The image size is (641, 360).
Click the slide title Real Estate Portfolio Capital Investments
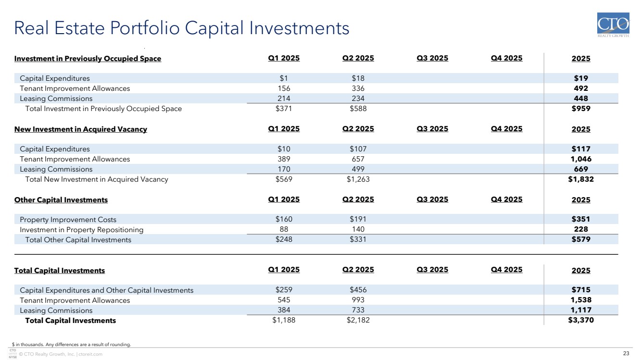pyautogui.click(x=182, y=28)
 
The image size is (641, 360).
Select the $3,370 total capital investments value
pyautogui.click(x=581, y=321)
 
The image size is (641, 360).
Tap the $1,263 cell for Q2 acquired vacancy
pyautogui.click(x=358, y=179)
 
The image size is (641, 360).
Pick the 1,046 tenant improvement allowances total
pyautogui.click(x=581, y=159)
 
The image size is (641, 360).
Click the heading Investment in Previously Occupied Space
pyautogui.click(x=88, y=59)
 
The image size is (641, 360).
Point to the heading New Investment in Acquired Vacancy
pyautogui.click(x=80, y=129)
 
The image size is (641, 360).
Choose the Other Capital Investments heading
pyautogui.click(x=61, y=200)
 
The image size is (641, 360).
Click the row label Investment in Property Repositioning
pyautogui.click(x=81, y=230)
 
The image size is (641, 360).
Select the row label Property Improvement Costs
pyautogui.click(x=68, y=220)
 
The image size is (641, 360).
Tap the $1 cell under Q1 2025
pyautogui.click(x=283, y=78)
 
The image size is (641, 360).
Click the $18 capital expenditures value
pyautogui.click(x=358, y=78)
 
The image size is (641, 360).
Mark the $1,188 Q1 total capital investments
pyautogui.click(x=283, y=321)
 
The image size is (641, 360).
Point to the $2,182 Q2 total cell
pyautogui.click(x=358, y=321)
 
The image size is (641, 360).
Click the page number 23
pyautogui.click(x=626, y=354)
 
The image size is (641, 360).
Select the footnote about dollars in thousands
pyautogui.click(x=71, y=344)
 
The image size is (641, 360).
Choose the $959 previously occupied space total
pyautogui.click(x=581, y=109)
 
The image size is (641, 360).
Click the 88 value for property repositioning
pyautogui.click(x=283, y=230)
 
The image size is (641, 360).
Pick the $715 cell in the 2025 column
pyautogui.click(x=581, y=290)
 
